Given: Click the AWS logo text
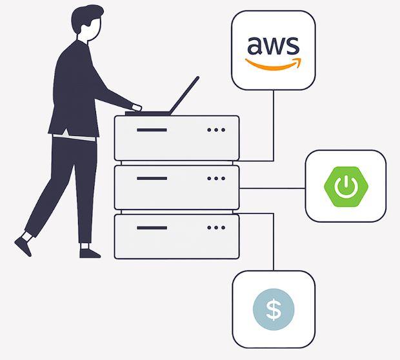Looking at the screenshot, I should [x=273, y=46].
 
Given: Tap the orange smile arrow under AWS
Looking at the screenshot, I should [x=273, y=65].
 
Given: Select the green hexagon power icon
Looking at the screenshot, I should [x=345, y=186].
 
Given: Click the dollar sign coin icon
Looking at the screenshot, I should [x=274, y=310].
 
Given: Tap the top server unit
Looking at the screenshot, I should [x=176, y=137].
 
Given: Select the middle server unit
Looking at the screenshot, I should [x=176, y=187].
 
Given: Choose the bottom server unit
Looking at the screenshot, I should [x=176, y=236].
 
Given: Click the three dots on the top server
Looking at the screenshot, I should [x=215, y=130].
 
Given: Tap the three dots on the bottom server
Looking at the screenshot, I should [x=215, y=228].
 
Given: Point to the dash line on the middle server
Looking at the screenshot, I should [x=152, y=179].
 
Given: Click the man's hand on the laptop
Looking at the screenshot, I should [x=136, y=106].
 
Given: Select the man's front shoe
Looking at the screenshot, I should [x=90, y=251].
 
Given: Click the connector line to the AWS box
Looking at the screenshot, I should [x=274, y=126].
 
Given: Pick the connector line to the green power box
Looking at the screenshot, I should [x=272, y=188].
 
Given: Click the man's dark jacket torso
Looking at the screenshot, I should [x=74, y=90].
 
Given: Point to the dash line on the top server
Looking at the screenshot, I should [x=152, y=130].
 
